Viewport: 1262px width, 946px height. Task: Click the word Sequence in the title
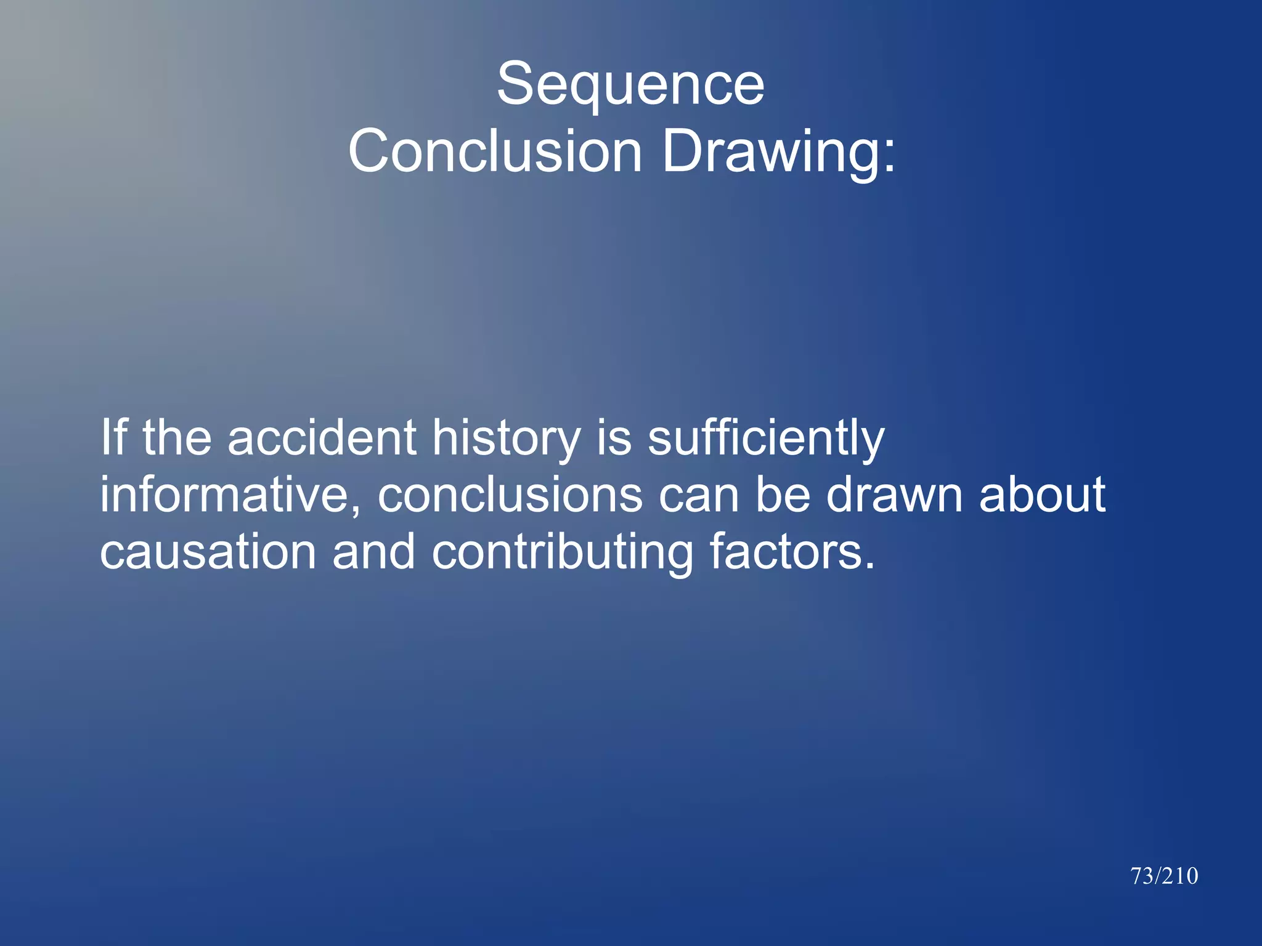pyautogui.click(x=630, y=85)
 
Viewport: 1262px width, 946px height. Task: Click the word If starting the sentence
pyautogui.click(x=113, y=437)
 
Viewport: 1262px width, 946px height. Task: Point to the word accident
pyautogui.click(x=322, y=437)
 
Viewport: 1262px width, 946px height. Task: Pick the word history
pyautogui.click(x=506, y=439)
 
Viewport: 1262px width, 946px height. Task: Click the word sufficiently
pyautogui.click(x=766, y=439)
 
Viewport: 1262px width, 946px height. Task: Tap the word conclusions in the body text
pyautogui.click(x=511, y=495)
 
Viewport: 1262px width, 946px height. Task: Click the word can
pyautogui.click(x=699, y=496)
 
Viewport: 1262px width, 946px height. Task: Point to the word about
pyautogui.click(x=1043, y=495)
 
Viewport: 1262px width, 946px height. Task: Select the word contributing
pyautogui.click(x=563, y=552)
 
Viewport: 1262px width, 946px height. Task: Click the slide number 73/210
pyautogui.click(x=1164, y=876)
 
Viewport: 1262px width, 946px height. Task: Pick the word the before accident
pyautogui.click(x=177, y=437)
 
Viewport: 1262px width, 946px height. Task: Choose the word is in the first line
pyautogui.click(x=614, y=437)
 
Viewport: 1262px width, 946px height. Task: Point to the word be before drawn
pyautogui.click(x=783, y=495)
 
